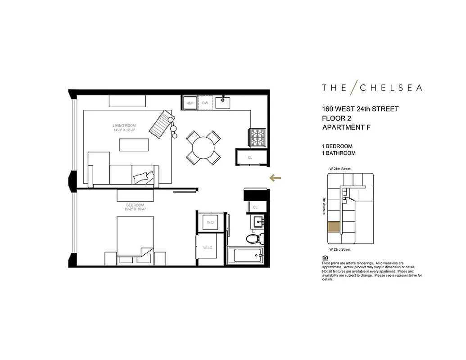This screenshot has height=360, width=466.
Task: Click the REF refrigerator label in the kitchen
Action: coord(190,103)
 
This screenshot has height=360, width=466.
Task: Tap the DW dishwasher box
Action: coord(205,103)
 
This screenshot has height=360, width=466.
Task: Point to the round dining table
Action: coord(204,147)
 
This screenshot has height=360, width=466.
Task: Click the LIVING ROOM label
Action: coord(124,126)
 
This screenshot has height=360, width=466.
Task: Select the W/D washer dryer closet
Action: coord(210,222)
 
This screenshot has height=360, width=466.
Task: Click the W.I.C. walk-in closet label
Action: coord(208,247)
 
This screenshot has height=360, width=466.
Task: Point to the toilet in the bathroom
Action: coord(253,238)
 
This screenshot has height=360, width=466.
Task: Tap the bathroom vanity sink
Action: coord(258,222)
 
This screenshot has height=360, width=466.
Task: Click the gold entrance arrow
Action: coord(275,178)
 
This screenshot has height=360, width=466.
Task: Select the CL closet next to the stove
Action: coord(250,157)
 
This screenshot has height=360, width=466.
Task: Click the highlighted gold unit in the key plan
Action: coord(334,227)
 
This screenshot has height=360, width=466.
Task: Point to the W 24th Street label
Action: coord(339,169)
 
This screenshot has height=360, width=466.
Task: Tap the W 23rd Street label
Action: coord(339,249)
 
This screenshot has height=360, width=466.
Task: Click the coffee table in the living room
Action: coord(133,145)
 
